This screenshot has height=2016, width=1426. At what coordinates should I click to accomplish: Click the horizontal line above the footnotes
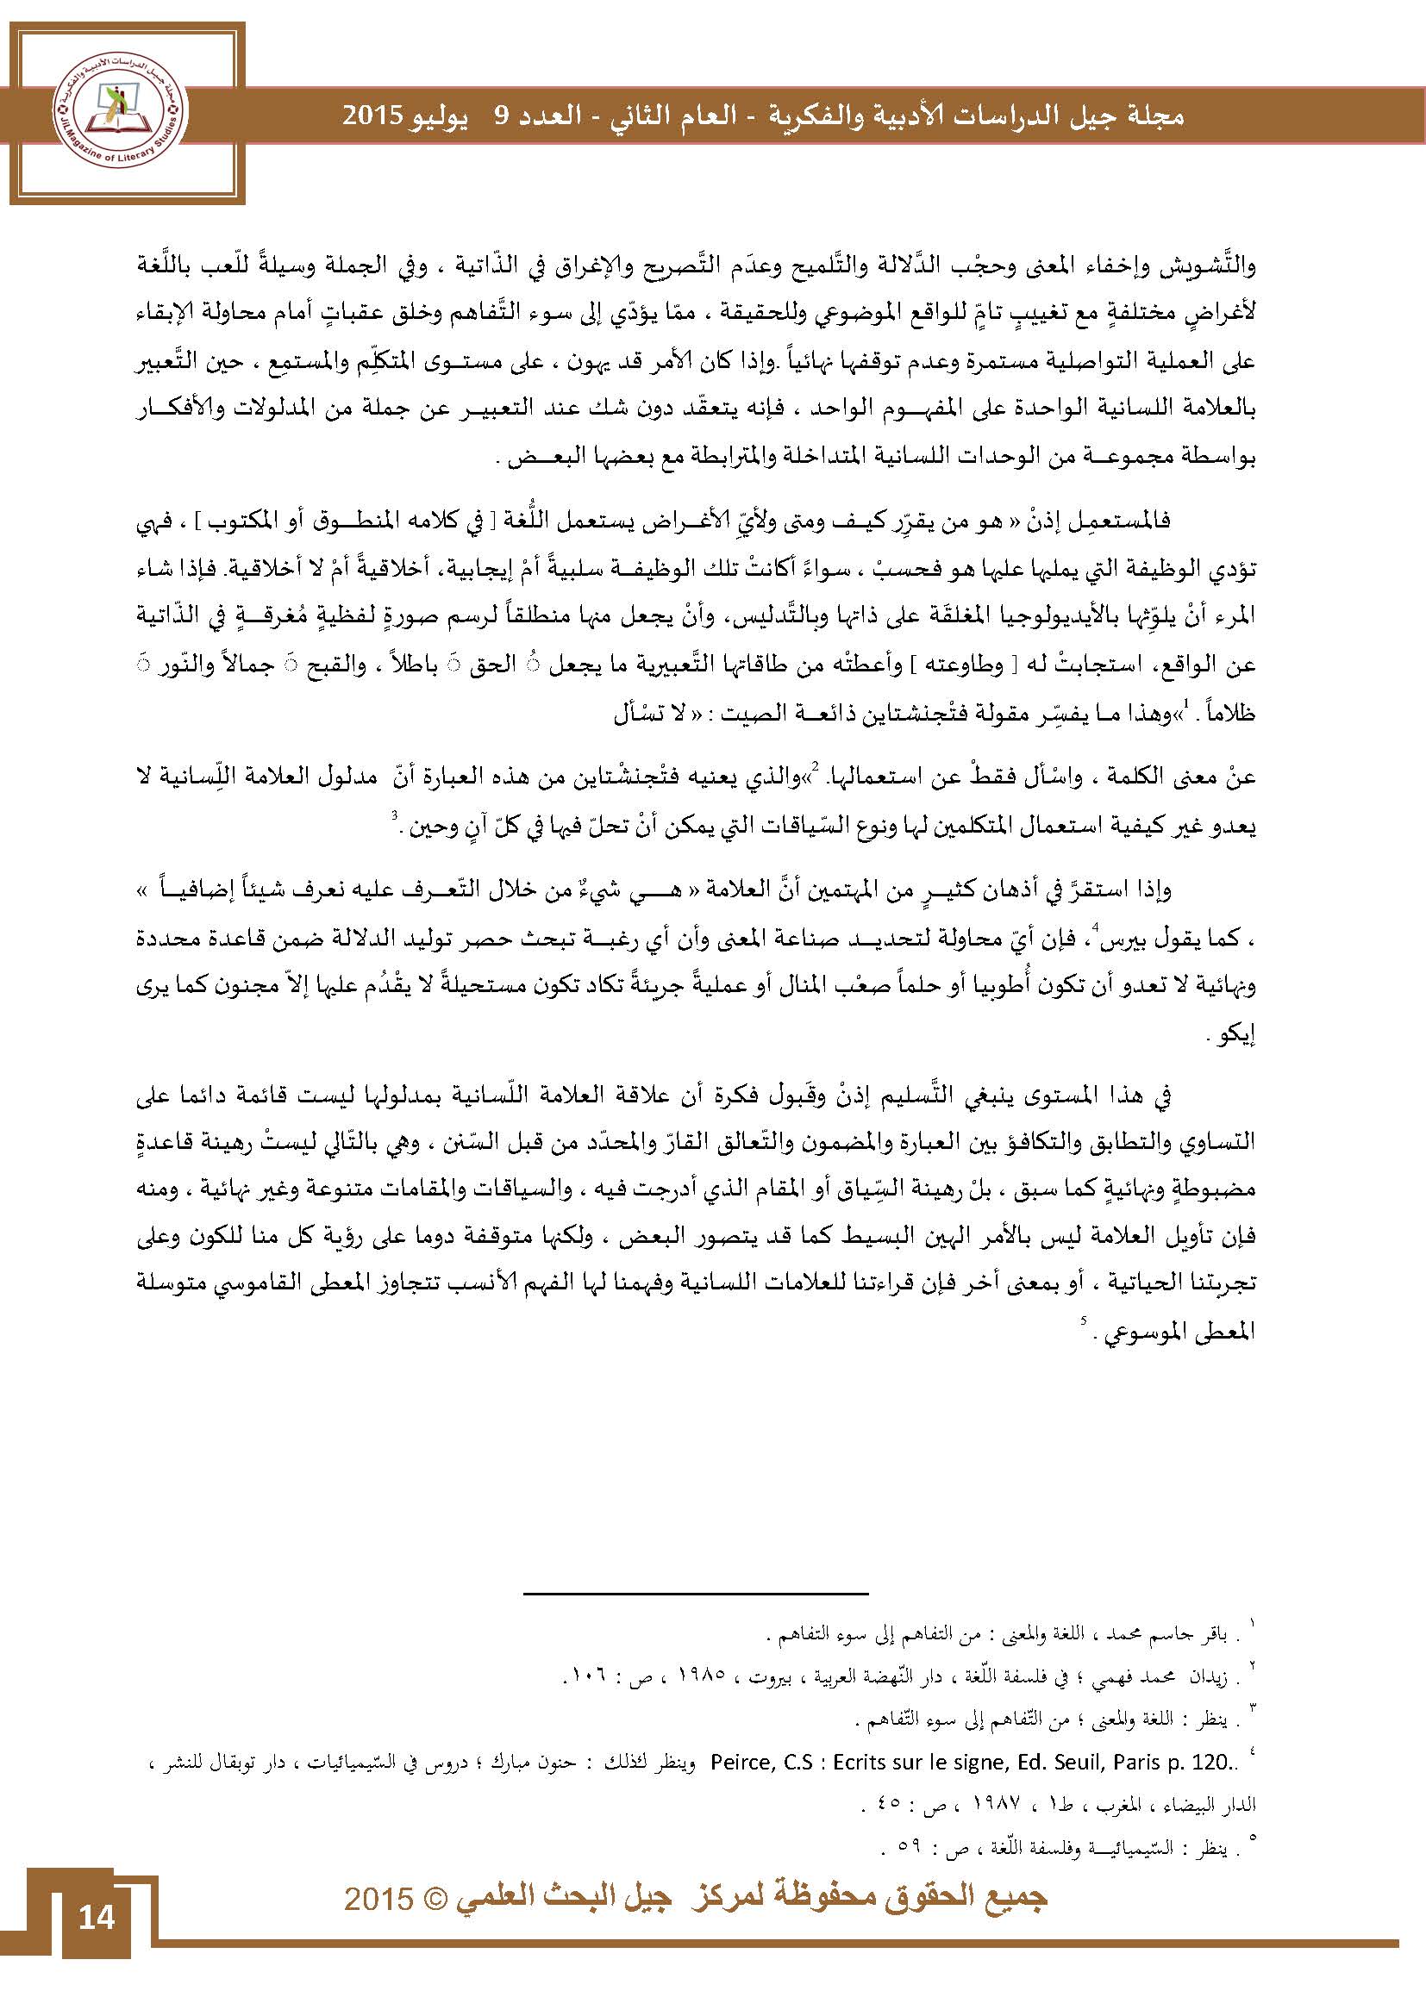696,1594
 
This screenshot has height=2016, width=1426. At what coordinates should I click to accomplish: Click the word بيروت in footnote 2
772,1677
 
